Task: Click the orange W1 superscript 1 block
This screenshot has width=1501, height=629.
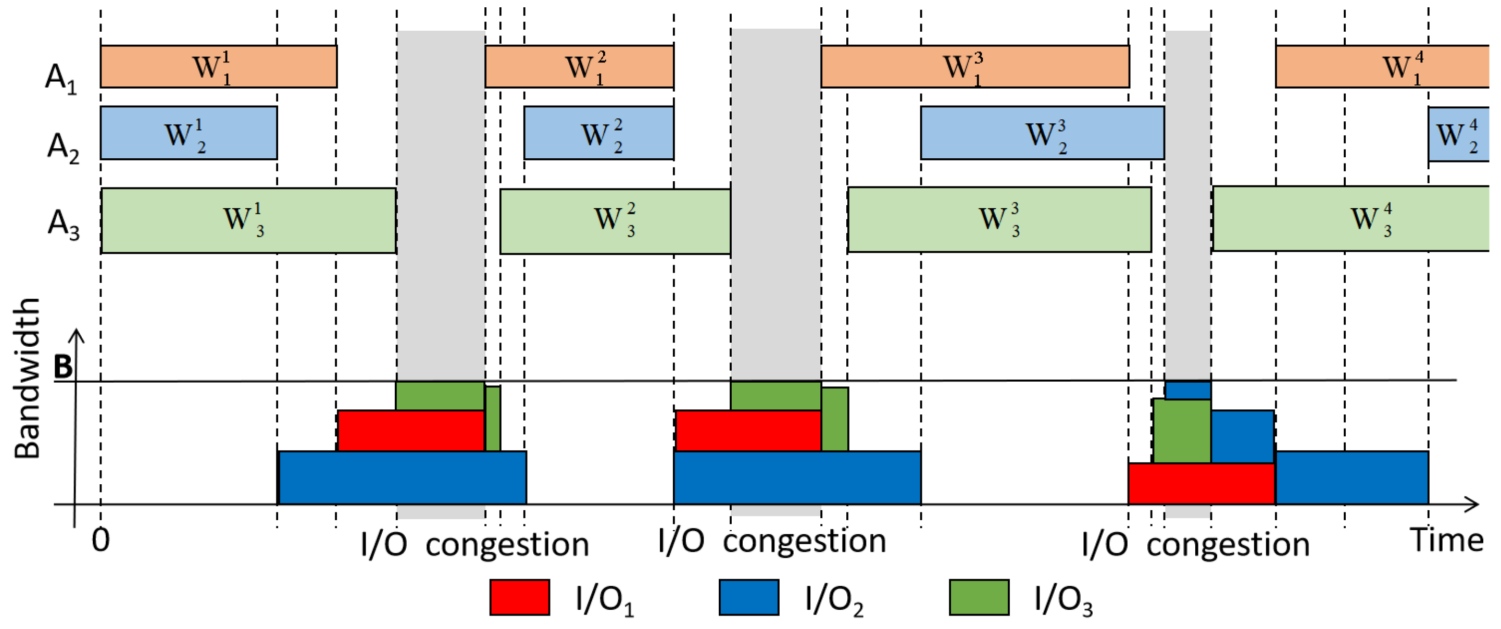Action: click(219, 67)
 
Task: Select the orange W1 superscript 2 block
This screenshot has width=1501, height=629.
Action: click(579, 67)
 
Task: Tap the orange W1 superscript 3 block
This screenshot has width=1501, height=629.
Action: click(974, 67)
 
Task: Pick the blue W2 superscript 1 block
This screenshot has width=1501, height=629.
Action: click(188, 133)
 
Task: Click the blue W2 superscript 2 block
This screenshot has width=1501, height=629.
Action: click(598, 133)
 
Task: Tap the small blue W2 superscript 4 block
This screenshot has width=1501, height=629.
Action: click(1458, 134)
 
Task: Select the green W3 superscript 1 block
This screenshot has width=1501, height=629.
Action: click(248, 220)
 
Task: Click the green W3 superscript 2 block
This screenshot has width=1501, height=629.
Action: click(615, 221)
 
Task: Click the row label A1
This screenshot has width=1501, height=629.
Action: click(60, 78)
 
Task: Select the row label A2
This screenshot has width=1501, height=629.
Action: click(62, 147)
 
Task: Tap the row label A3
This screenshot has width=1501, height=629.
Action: click(63, 224)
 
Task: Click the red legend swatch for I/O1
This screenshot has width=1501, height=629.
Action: click(519, 597)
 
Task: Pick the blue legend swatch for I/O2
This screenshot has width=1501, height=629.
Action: click(749, 597)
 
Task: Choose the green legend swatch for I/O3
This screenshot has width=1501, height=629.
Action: click(979, 597)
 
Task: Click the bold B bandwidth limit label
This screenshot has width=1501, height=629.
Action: click(63, 367)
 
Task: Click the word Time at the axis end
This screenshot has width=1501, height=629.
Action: click(1446, 540)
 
